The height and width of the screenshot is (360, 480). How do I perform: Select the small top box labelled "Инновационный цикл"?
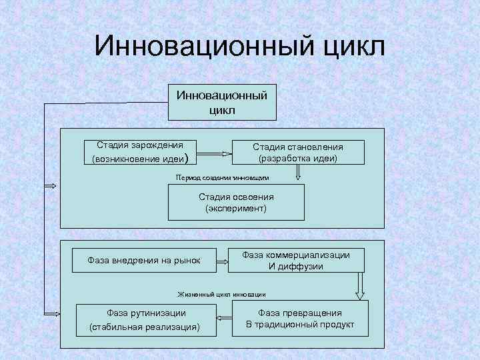tap(222, 102)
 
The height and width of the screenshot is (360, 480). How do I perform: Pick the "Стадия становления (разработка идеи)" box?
tap(298, 153)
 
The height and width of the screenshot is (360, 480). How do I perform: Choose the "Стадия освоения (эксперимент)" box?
tap(236, 203)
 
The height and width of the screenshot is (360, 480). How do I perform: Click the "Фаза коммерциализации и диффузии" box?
tap(295, 260)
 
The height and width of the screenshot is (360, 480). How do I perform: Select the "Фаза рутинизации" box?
tap(147, 319)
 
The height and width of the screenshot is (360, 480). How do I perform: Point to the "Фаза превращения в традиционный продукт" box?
tap(299, 319)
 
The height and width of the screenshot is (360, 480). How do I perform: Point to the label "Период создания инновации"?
tap(223, 178)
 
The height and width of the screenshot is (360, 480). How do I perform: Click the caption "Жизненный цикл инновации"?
tap(221, 294)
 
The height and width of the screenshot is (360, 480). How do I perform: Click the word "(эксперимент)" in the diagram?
tap(236, 209)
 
